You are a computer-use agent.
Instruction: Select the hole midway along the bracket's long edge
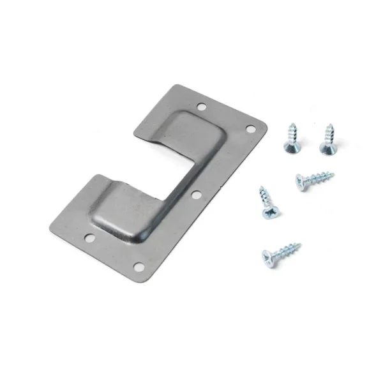[195, 194]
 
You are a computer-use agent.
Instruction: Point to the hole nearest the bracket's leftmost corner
[89, 238]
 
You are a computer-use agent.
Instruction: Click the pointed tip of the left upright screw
[295, 126]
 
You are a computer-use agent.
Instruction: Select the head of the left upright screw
[291, 147]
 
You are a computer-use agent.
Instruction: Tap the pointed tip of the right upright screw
[331, 125]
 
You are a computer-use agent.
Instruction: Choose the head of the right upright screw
[326, 147]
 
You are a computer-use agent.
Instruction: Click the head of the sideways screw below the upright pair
[300, 182]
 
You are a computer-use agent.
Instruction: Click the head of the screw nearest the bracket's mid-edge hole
[269, 210]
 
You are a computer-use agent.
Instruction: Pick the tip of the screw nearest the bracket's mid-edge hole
[260, 188]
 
